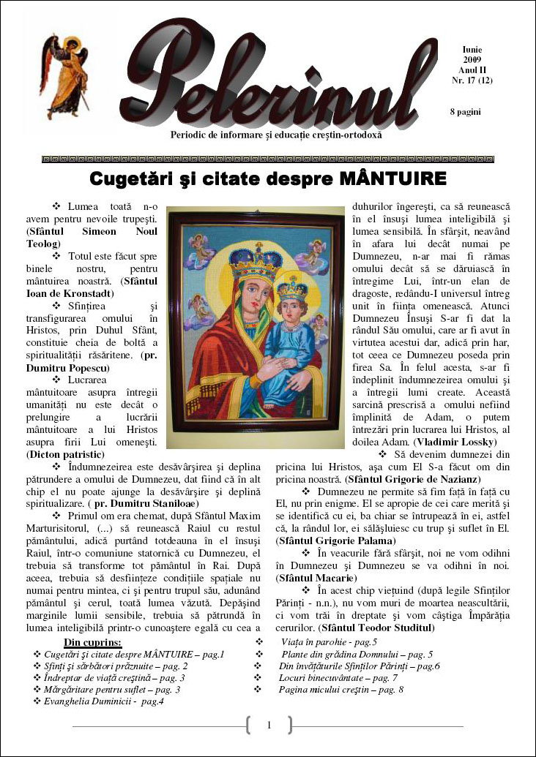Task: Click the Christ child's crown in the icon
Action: pos(291,287)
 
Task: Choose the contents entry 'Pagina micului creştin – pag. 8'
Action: pos(340,690)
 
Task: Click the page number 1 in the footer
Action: pos(269,725)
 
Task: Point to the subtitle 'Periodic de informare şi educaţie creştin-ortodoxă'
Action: pos(275,135)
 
